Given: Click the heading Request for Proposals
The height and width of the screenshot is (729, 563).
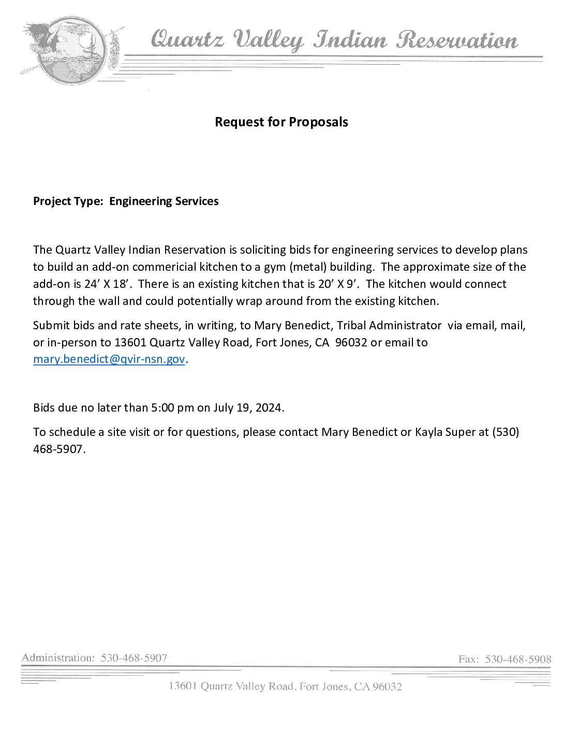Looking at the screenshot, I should point(281,122).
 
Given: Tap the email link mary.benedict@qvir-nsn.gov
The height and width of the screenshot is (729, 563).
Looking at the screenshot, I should point(109,359).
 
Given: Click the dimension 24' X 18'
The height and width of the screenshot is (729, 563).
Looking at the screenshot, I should point(106,284).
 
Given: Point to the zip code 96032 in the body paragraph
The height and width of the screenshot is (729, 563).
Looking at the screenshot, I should point(351,343).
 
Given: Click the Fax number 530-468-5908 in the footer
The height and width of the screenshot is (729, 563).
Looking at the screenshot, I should point(518,659).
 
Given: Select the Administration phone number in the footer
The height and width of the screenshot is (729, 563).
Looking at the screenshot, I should point(134,658).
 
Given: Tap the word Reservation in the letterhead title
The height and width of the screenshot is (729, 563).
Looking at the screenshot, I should point(456,40).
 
